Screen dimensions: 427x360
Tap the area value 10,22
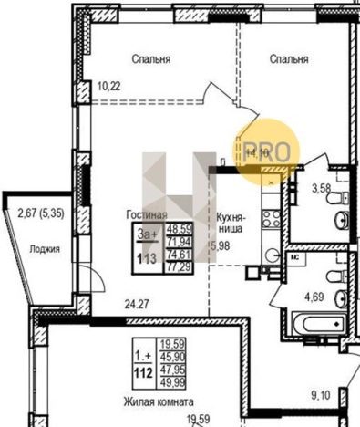pos(108,88)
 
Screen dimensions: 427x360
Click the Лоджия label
pos(45,248)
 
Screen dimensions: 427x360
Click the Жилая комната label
pos(159,401)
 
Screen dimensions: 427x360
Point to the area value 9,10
pos(321,394)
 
